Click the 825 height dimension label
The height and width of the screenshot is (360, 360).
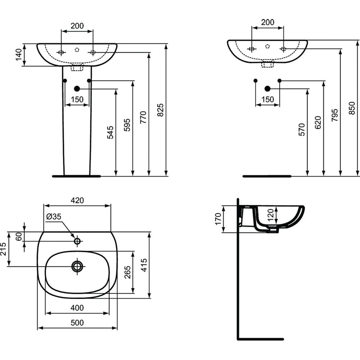tap(161, 110)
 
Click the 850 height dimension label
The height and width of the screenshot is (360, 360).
tap(352, 108)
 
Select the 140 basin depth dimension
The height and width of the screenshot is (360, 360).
tap(18, 55)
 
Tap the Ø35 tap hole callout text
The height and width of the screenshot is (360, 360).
tap(54, 217)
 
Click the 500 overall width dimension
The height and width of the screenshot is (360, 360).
tap(77, 323)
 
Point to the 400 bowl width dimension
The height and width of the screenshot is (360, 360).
tap(77, 308)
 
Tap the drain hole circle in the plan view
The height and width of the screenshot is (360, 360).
tap(77, 266)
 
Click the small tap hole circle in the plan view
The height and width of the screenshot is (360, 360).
tap(77, 241)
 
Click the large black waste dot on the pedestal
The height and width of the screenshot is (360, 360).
tap(77, 89)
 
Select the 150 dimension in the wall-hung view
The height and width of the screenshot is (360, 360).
tap(267, 99)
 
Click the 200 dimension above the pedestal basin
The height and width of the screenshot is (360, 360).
tap(77, 26)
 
